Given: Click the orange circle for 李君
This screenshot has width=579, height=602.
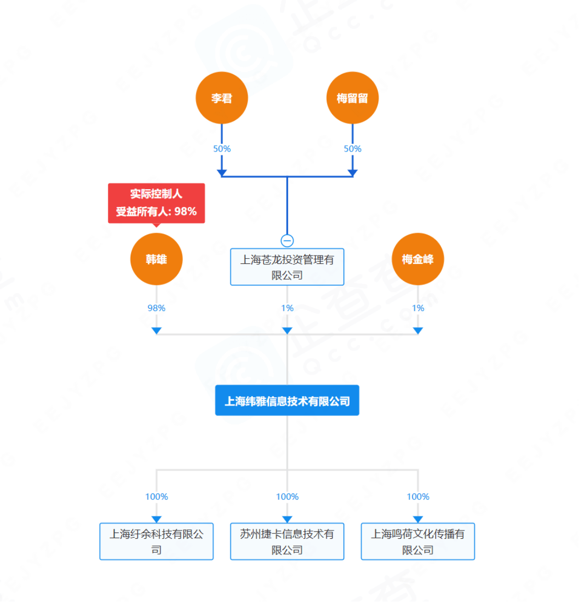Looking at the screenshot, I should tap(222, 98).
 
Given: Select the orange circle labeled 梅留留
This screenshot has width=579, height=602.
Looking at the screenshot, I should tap(352, 98).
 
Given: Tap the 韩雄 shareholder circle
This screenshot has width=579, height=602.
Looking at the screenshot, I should tap(156, 259).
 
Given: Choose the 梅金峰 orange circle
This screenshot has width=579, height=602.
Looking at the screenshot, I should tap(418, 259).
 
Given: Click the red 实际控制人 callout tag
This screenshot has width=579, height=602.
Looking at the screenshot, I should tap(156, 203).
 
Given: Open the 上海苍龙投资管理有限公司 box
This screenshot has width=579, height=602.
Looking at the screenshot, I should tap(287, 267).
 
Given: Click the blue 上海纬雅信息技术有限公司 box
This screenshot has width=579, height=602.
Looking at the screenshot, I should tap(287, 401).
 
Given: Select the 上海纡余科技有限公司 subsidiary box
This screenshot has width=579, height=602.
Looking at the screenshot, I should tap(156, 541).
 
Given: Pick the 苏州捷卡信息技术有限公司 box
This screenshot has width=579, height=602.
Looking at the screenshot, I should tap(287, 541).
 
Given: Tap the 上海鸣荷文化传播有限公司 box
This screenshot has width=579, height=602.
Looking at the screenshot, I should tap(418, 541).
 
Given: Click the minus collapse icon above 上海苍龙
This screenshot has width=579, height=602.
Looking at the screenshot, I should tap(287, 240).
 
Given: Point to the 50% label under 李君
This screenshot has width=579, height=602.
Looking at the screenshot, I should tap(222, 149).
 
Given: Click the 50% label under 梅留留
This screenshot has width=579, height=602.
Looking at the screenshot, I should tap(352, 149).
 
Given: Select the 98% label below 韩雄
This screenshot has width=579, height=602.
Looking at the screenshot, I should tap(156, 308).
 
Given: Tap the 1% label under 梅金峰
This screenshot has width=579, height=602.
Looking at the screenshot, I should tap(418, 308).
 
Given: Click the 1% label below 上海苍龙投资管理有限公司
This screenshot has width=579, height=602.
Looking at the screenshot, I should tap(287, 308).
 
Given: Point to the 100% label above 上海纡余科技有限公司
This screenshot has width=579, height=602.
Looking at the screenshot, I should tap(156, 497).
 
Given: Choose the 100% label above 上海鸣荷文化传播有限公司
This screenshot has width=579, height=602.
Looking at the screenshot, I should tap(418, 497).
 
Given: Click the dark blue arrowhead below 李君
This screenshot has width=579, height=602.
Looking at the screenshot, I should tap(222, 172).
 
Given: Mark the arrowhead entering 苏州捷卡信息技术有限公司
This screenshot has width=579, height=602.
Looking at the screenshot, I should tap(287, 519).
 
